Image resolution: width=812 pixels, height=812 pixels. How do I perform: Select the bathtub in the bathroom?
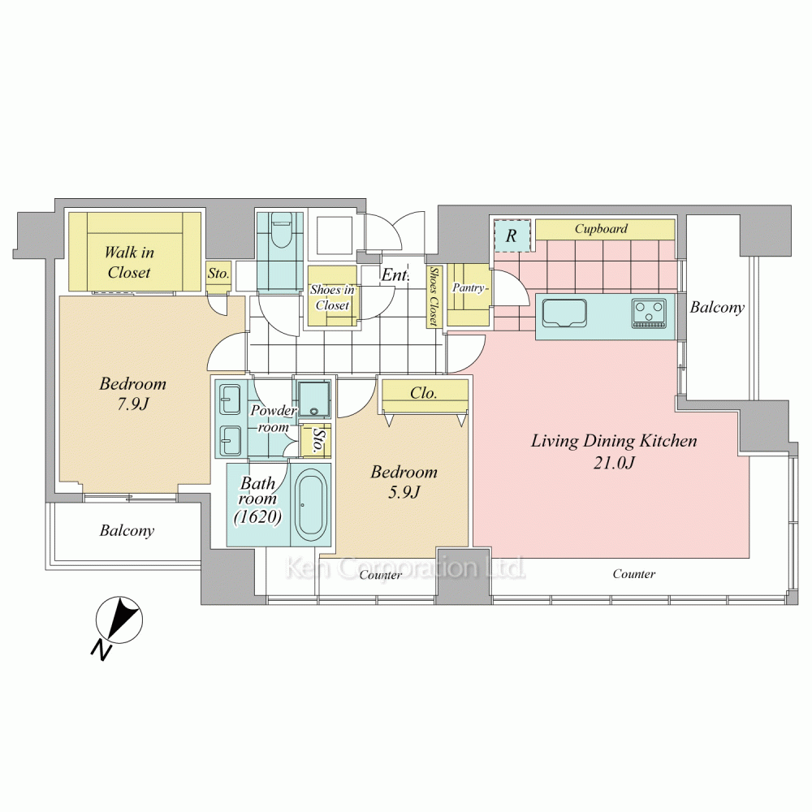pyautogui.click(x=311, y=505)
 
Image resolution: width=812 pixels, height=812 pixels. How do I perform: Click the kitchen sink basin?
pyautogui.click(x=564, y=313)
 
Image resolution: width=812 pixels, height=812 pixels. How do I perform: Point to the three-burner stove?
pyautogui.click(x=648, y=313)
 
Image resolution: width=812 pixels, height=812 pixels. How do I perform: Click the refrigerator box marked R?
pyautogui.click(x=512, y=235)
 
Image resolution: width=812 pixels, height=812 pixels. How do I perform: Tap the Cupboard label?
pyautogui.click(x=601, y=228)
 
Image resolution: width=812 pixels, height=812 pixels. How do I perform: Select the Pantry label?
pyautogui.click(x=469, y=287)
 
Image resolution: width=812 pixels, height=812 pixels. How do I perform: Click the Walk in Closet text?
pyautogui.click(x=129, y=262)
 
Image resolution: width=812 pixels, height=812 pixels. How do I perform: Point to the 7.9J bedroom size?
pyautogui.click(x=132, y=404)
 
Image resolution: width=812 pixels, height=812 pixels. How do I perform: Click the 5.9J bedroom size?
pyautogui.click(x=404, y=491)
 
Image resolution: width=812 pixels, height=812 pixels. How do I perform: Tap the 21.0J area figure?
pyautogui.click(x=614, y=462)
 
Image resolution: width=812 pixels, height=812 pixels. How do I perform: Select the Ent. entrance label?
pyautogui.click(x=395, y=275)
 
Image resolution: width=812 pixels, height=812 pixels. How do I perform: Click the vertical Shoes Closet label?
pyautogui.click(x=434, y=296)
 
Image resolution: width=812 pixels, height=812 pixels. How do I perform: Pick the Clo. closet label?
pyautogui.click(x=423, y=393)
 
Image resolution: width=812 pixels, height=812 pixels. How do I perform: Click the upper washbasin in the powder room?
pyautogui.click(x=230, y=400)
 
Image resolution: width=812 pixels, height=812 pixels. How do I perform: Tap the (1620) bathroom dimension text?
pyautogui.click(x=258, y=516)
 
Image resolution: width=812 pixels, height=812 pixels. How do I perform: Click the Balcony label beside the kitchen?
pyautogui.click(x=717, y=308)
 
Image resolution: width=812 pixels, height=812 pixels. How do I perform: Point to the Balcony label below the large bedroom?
pyautogui.click(x=127, y=531)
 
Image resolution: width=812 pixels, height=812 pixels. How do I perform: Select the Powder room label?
pyautogui.click(x=273, y=419)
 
